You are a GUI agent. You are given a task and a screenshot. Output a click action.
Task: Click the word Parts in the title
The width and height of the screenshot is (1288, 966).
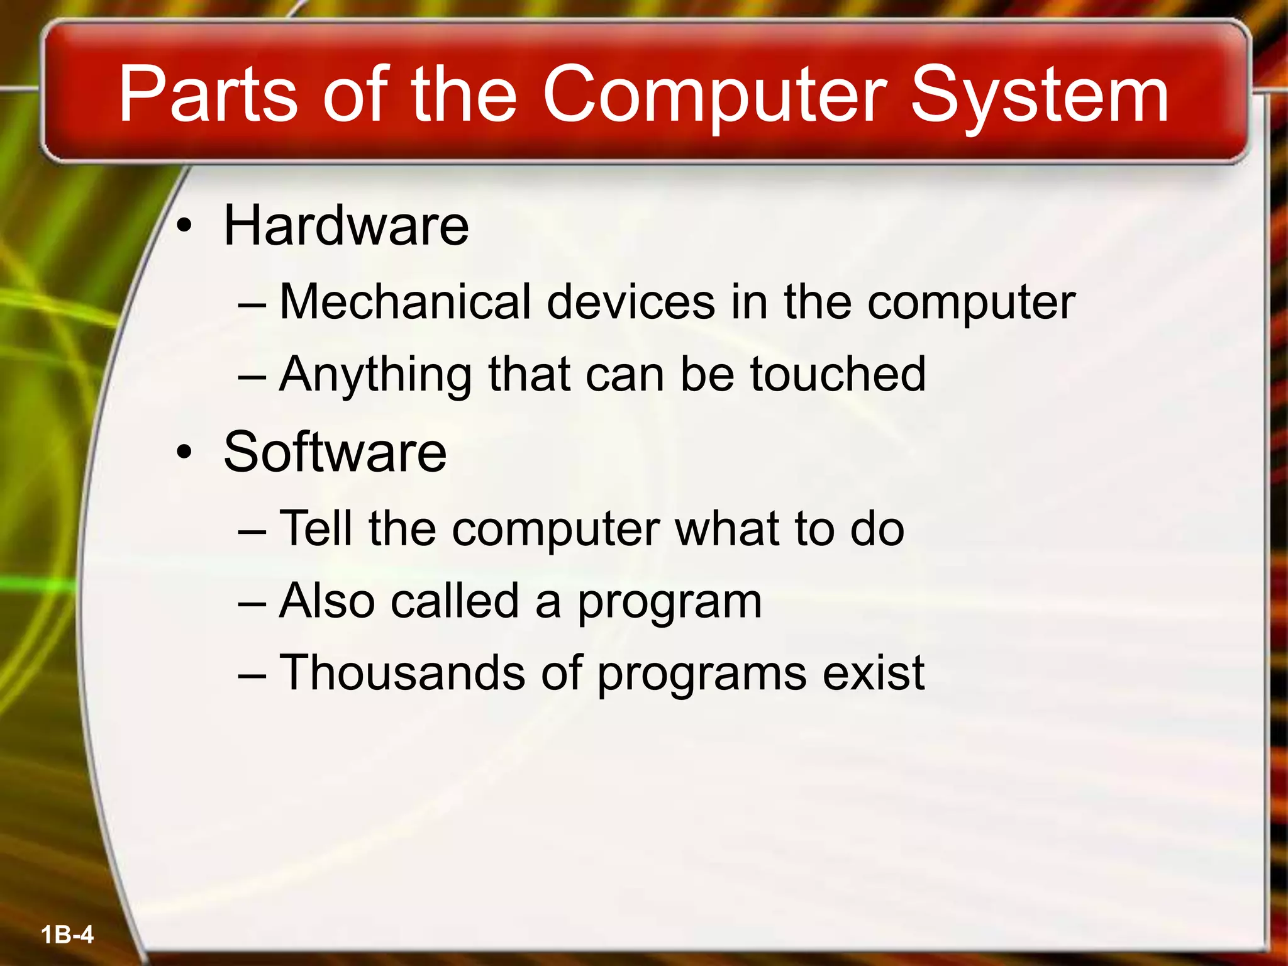click(207, 96)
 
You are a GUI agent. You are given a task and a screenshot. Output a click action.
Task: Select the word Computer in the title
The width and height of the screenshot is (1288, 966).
click(714, 96)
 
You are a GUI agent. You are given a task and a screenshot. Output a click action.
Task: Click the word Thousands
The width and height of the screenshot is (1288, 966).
click(402, 672)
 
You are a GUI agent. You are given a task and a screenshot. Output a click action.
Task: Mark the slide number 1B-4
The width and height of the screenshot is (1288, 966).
click(67, 935)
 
